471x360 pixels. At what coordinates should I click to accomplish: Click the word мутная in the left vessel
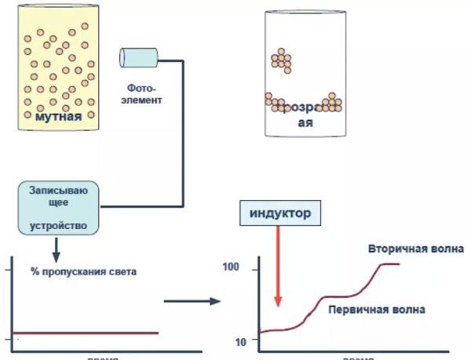pos(59,119)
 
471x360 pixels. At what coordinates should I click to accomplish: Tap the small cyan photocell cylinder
pos(138,56)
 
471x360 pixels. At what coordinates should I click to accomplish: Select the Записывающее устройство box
pos(59,209)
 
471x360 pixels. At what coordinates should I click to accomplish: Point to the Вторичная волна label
pos(415,249)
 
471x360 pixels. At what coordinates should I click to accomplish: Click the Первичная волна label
pos(376,310)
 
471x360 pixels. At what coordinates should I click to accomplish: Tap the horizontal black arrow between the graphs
pos(192,301)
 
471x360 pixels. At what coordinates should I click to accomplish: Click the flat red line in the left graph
pos(86,333)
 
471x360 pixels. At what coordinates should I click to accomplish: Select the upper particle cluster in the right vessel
pos(281,60)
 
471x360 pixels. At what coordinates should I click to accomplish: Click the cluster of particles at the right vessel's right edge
pos(333,101)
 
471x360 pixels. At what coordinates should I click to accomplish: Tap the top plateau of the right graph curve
pos(390,264)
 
